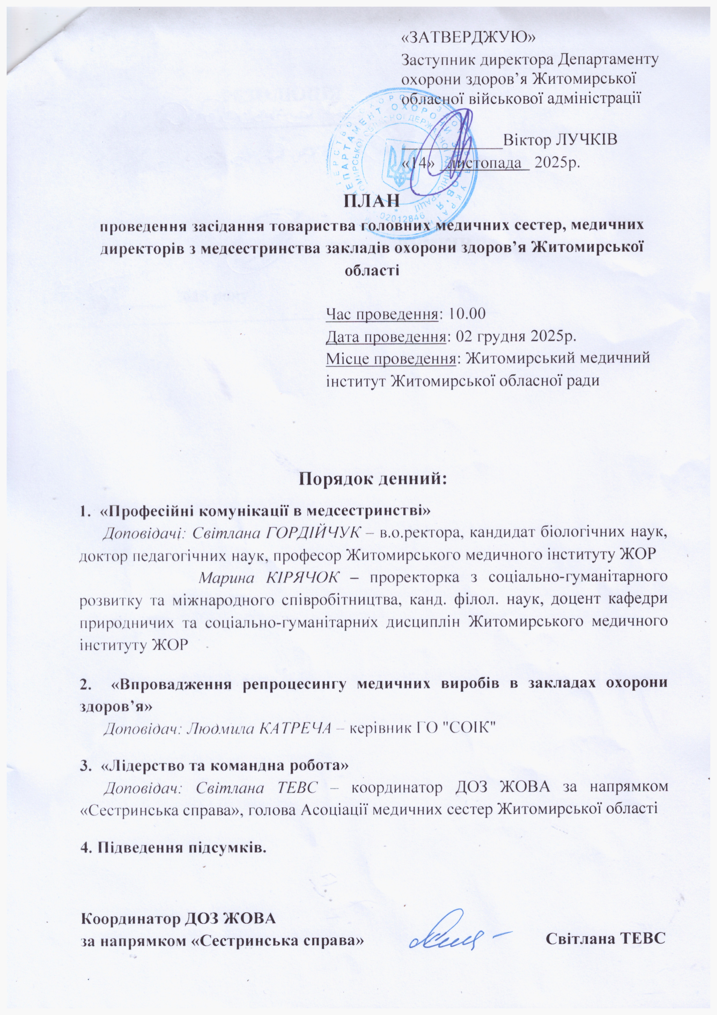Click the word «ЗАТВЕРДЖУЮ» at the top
[x=468, y=38]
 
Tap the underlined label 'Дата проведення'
[x=386, y=337]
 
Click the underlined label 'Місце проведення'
[x=390, y=358]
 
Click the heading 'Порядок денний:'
[x=373, y=479]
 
